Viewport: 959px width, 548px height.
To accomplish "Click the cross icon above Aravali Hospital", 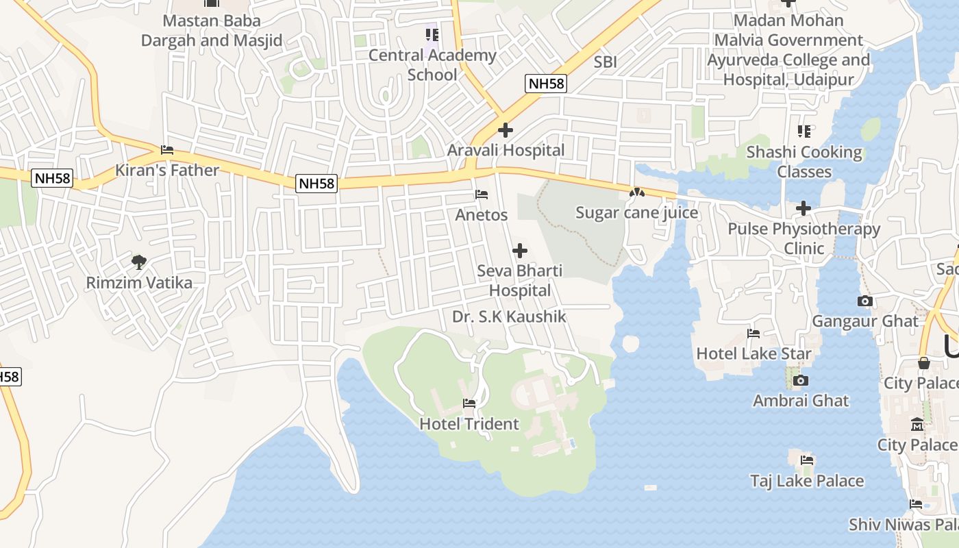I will click(x=506, y=129).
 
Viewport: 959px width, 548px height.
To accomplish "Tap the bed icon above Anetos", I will click(x=482, y=195).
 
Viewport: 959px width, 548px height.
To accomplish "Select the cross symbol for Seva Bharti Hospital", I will click(x=520, y=251).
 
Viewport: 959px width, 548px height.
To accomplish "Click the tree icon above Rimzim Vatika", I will click(x=139, y=262).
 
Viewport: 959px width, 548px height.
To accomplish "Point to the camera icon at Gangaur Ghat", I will click(x=865, y=301).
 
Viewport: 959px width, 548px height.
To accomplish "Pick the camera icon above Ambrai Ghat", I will click(x=800, y=380).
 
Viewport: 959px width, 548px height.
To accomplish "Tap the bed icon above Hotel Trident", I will click(x=469, y=403).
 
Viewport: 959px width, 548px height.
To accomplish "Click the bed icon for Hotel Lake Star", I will click(x=754, y=334).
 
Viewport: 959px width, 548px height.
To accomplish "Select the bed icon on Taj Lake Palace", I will click(x=807, y=460).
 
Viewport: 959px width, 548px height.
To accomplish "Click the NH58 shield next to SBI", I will click(x=546, y=84).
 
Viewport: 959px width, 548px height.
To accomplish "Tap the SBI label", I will click(x=606, y=62).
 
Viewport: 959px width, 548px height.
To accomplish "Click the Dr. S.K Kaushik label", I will click(x=509, y=316).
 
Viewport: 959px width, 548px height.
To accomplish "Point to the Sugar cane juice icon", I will click(x=637, y=193).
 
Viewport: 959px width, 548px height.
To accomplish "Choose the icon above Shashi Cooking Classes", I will click(x=804, y=131).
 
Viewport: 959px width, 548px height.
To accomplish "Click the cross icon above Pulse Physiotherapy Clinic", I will click(x=804, y=208).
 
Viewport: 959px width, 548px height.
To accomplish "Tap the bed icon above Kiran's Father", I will click(x=167, y=150).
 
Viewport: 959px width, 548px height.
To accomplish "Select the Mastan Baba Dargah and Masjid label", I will click(x=212, y=31).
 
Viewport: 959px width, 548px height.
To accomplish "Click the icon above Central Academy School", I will click(x=432, y=34).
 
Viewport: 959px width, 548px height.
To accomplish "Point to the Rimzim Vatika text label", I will click(x=139, y=282).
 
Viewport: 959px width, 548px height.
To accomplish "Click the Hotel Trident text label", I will click(x=469, y=424).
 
